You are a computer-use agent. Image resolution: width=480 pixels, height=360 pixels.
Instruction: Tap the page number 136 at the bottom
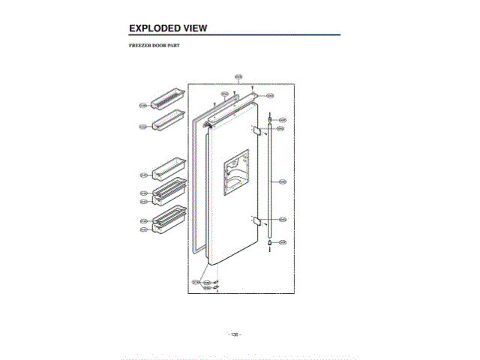[234, 334]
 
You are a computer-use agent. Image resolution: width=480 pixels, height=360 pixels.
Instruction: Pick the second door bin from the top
[167, 120]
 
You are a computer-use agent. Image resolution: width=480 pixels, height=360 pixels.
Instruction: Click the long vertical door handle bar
[268, 180]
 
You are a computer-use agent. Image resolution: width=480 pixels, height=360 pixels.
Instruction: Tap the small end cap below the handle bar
[268, 242]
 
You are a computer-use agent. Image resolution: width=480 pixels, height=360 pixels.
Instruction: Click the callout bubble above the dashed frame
[238, 76]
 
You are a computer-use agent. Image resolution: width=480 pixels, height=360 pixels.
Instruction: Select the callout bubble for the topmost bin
[142, 105]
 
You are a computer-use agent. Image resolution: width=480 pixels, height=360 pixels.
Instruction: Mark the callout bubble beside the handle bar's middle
[283, 181]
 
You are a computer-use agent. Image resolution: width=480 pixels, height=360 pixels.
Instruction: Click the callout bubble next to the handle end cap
[283, 242]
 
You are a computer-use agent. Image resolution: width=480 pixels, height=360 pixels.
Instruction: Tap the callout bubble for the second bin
[142, 127]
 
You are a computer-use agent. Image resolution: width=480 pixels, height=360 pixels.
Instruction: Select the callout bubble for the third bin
[143, 175]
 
